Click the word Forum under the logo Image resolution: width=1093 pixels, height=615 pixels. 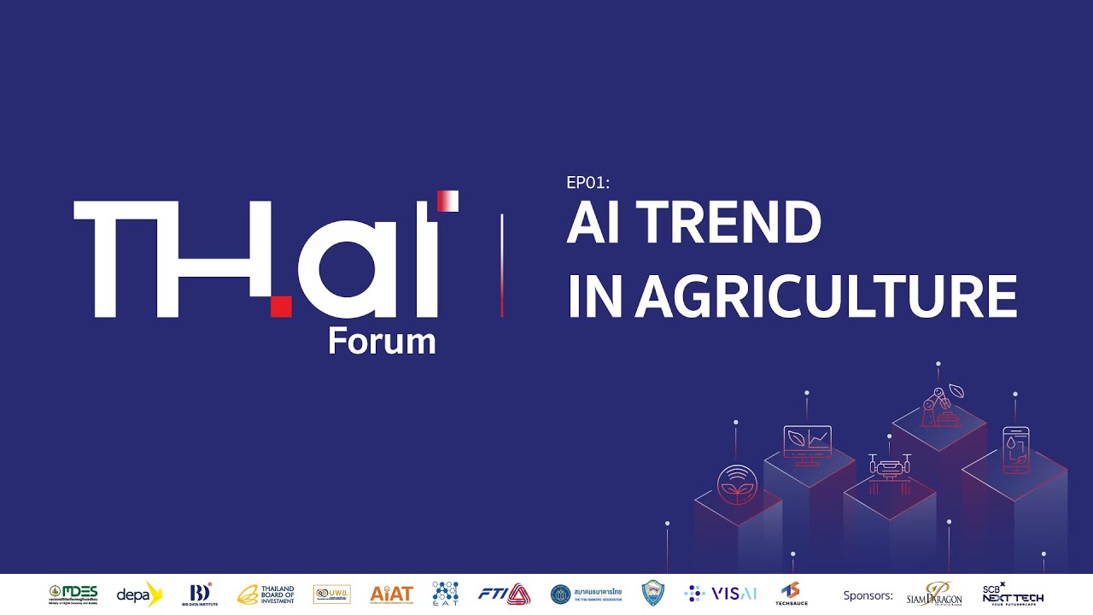pos(382,342)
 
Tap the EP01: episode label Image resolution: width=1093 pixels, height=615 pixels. pos(588,182)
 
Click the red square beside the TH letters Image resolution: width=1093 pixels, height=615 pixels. pos(281,306)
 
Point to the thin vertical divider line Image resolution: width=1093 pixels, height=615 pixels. pos(501,266)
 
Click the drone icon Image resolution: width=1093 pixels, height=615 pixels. pos(889,467)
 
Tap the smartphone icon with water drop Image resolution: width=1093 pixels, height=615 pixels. pos(1015,449)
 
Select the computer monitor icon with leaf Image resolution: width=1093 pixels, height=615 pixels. pos(807,442)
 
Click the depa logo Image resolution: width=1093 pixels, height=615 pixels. pos(139,594)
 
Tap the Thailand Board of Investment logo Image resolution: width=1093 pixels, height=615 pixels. pos(266,594)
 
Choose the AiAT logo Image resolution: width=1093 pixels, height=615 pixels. pos(392,594)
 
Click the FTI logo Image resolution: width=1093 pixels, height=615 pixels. pos(505,594)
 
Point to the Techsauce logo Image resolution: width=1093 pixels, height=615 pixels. pos(791,594)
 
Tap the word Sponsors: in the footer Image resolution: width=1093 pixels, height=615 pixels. pos(868,595)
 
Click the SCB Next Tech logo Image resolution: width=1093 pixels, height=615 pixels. pos(1013,594)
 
